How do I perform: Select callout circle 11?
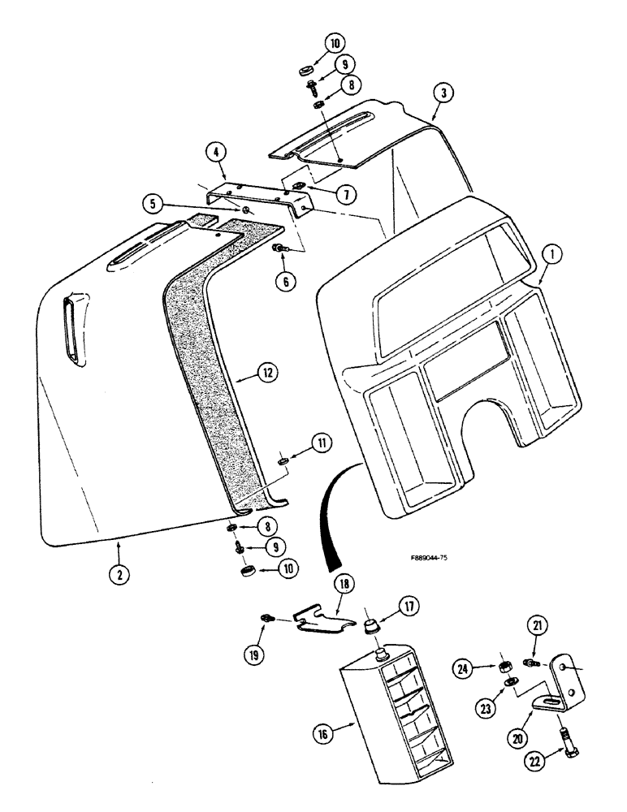tap(322, 443)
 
